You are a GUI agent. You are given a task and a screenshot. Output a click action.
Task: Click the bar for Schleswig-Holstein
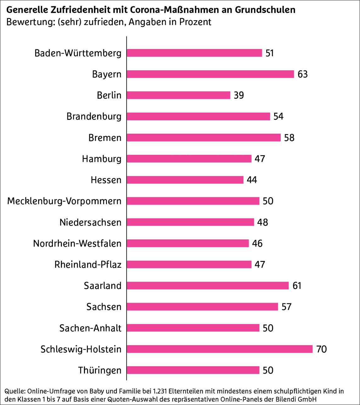(x=219, y=349)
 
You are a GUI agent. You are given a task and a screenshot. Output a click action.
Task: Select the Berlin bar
(x=178, y=95)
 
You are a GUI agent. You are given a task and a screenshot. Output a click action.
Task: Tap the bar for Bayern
(x=210, y=74)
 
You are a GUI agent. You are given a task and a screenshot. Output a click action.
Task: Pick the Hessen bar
(x=185, y=180)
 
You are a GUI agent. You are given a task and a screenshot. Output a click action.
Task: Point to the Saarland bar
(x=208, y=285)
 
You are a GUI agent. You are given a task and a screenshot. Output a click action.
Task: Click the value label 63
(x=302, y=74)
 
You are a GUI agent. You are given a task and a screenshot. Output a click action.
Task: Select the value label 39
(x=239, y=95)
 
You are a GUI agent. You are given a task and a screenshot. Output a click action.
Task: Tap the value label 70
(x=321, y=349)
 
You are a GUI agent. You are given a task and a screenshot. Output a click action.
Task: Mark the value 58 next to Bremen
(x=289, y=138)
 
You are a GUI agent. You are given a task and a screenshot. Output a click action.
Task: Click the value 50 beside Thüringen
(x=268, y=370)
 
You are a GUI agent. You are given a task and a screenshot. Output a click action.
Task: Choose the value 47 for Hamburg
(x=260, y=159)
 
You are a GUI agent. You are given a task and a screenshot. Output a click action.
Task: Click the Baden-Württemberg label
(x=78, y=53)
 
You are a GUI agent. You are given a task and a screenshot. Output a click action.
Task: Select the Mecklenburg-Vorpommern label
(x=64, y=201)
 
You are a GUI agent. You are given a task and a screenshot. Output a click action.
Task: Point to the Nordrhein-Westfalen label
(x=77, y=244)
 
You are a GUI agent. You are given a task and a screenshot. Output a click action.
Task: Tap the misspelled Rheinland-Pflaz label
(x=88, y=265)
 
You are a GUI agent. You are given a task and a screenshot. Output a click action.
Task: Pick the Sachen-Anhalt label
(x=90, y=328)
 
